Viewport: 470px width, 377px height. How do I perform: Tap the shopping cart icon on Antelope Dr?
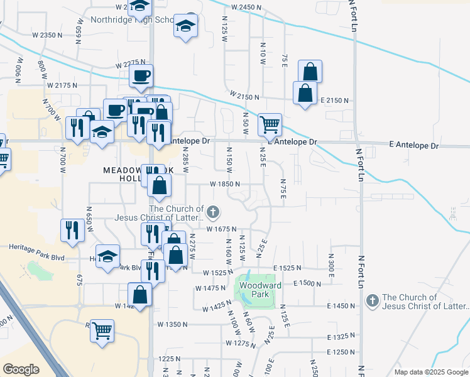(x=270, y=124)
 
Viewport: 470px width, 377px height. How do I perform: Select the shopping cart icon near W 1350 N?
(x=102, y=330)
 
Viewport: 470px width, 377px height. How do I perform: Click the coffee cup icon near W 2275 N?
(x=141, y=76)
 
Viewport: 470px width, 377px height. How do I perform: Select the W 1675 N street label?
(x=219, y=229)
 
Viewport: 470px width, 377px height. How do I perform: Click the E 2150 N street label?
(x=334, y=101)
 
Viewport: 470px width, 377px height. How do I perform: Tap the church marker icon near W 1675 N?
(x=213, y=212)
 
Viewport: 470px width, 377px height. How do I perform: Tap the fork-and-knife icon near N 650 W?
(x=72, y=230)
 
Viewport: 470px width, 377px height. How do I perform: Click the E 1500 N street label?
(x=307, y=284)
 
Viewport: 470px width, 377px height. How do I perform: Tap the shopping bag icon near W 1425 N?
(x=140, y=295)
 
